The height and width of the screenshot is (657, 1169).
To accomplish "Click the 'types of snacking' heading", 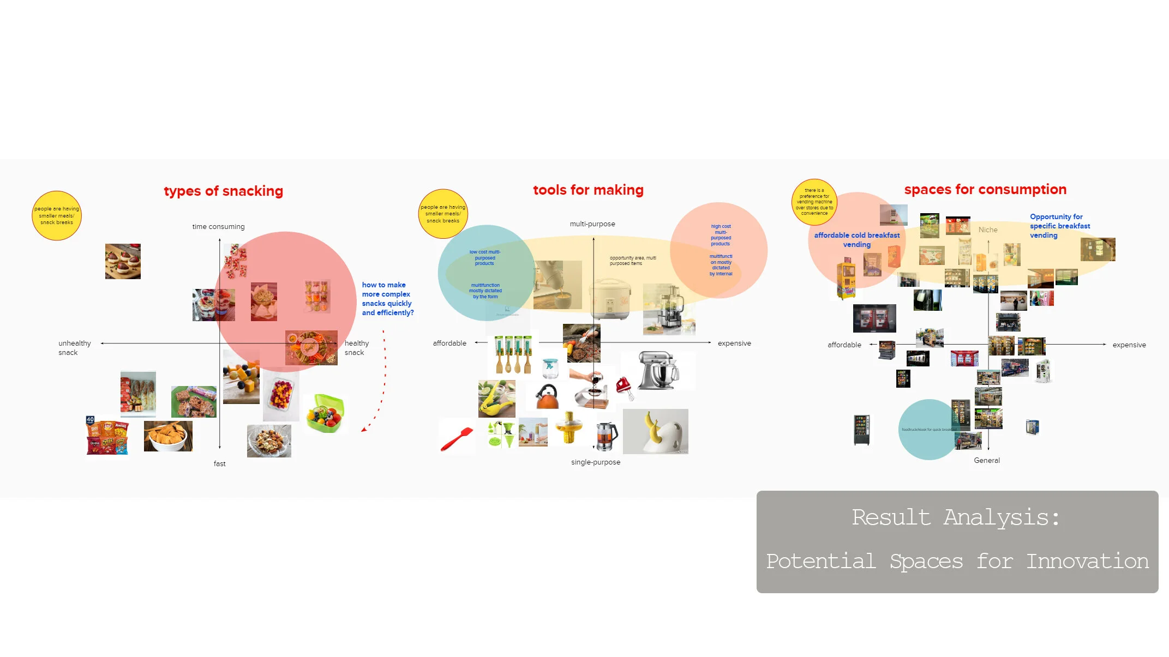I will [223, 191].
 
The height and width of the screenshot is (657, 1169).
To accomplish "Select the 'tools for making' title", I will [588, 190].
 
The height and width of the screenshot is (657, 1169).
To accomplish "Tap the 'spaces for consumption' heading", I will [985, 189].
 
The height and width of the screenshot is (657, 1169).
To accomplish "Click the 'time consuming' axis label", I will [218, 226].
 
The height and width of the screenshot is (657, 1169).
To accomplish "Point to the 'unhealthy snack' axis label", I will [74, 347].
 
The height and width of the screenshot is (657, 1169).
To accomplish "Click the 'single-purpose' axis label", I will [595, 462].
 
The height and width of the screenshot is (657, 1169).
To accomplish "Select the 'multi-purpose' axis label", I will [592, 224].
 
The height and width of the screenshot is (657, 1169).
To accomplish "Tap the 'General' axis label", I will [986, 460].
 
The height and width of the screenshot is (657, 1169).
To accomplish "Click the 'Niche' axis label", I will [987, 230].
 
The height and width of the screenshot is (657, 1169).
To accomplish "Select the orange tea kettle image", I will [547, 396].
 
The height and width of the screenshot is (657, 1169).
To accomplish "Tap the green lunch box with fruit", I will [325, 413].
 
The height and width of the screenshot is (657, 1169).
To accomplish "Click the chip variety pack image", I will [107, 436].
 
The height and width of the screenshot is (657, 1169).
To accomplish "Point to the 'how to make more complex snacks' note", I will [387, 298].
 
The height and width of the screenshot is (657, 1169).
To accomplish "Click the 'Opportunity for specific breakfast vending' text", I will [1059, 226].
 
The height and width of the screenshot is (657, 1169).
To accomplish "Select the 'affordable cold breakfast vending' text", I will [856, 239].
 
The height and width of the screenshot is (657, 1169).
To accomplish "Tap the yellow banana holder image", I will [655, 431].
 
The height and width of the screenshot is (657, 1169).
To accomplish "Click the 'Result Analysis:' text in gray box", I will [956, 517].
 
